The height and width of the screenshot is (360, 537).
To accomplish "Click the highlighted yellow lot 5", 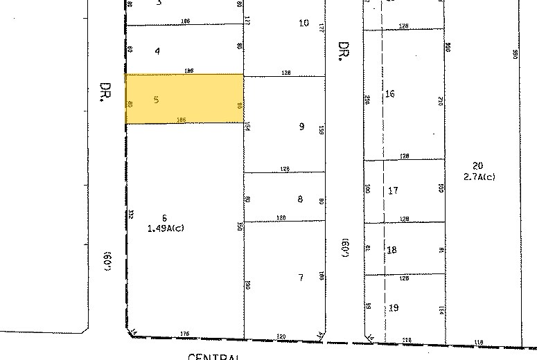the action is point(184,99).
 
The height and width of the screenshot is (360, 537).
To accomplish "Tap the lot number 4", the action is point(157,51).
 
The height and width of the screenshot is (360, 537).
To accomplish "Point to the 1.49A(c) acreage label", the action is point(166,228).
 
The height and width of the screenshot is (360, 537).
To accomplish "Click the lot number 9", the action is point(301,127).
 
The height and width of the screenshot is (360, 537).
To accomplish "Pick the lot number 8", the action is point(300,199).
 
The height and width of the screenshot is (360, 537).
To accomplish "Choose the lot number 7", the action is point(301,278).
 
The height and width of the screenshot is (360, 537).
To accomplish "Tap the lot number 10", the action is point(303,23).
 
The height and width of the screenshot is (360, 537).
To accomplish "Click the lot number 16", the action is point(390,93).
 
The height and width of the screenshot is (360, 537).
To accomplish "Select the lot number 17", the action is point(393,190).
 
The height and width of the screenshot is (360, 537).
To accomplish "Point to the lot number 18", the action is point(392,250).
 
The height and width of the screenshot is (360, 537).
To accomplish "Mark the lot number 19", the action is point(394,307).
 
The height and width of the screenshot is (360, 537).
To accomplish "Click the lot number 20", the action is point(477,165).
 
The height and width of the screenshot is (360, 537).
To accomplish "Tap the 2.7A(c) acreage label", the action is point(479,177).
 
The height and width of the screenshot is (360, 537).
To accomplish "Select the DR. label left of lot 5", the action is point(105,93).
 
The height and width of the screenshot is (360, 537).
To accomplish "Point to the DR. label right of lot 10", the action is point(342,51).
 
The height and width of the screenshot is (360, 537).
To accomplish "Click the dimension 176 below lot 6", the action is point(184,334).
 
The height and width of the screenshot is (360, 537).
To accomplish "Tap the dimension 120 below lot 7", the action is point(281,336).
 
